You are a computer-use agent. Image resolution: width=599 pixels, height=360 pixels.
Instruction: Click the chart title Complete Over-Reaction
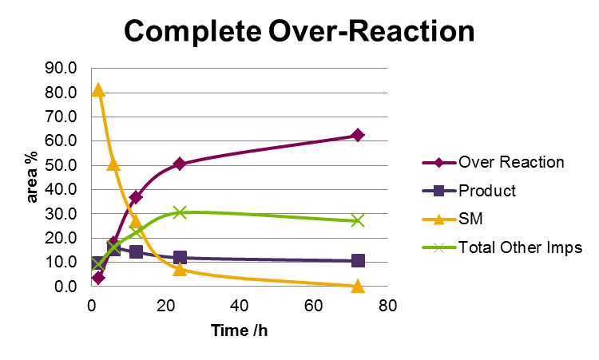(299, 31)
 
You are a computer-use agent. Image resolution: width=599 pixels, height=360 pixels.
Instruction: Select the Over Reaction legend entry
(510, 162)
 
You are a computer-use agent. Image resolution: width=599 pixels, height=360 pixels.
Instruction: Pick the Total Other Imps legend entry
(520, 247)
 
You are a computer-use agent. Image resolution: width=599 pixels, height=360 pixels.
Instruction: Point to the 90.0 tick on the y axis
(61, 69)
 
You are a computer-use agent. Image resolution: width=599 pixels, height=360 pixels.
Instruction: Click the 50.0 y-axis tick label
(61, 165)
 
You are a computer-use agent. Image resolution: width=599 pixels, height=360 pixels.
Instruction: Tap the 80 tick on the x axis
(387, 306)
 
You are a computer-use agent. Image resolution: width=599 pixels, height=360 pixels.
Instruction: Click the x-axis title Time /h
(239, 330)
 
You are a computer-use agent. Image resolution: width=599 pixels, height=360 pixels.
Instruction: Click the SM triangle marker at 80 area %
(98, 90)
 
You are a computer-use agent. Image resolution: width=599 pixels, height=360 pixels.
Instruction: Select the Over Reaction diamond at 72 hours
(357, 135)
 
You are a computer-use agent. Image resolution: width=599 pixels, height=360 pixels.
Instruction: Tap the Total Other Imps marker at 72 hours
(357, 220)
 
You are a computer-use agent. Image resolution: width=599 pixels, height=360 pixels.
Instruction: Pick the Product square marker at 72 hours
(357, 260)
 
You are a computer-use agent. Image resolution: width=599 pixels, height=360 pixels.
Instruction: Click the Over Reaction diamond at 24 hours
(179, 164)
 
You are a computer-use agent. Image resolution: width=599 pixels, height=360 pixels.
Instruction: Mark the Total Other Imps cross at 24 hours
(179, 212)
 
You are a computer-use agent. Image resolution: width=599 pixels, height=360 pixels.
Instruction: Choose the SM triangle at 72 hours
(357, 285)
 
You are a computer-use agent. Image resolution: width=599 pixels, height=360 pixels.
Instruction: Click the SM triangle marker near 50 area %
(113, 164)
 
